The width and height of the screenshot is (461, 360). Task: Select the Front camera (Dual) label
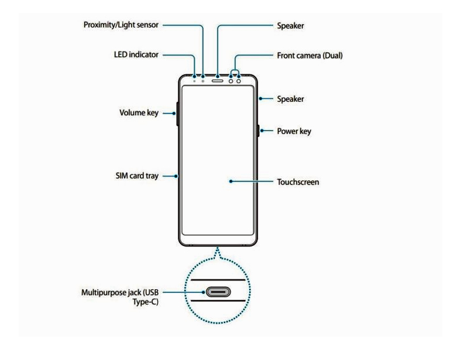309,56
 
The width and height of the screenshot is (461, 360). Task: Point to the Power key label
294,132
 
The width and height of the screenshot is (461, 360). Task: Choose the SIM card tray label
137,176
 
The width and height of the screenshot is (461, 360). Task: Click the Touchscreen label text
298,182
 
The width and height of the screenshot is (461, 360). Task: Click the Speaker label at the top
290,26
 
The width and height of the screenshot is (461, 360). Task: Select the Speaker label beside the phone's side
290,99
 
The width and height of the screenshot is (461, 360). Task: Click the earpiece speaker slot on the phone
219,77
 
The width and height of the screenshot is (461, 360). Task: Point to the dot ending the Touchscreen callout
231,181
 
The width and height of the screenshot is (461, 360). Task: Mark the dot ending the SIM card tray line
177,176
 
